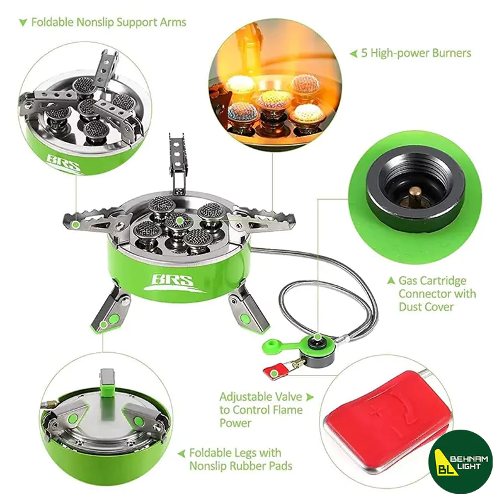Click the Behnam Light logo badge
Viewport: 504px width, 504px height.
point(461,462)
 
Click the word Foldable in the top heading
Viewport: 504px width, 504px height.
point(52,22)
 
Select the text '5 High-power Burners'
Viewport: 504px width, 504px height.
point(416,53)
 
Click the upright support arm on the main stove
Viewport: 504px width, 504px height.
point(178,164)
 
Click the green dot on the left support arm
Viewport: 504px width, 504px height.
point(75,224)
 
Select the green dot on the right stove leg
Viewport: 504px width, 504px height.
point(245,319)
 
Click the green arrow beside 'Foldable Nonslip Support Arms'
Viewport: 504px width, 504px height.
point(23,23)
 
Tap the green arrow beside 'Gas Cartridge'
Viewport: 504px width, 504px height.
point(391,280)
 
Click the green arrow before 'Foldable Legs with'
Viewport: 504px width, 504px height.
point(181,454)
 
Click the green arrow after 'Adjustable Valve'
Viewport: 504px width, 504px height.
point(309,397)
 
